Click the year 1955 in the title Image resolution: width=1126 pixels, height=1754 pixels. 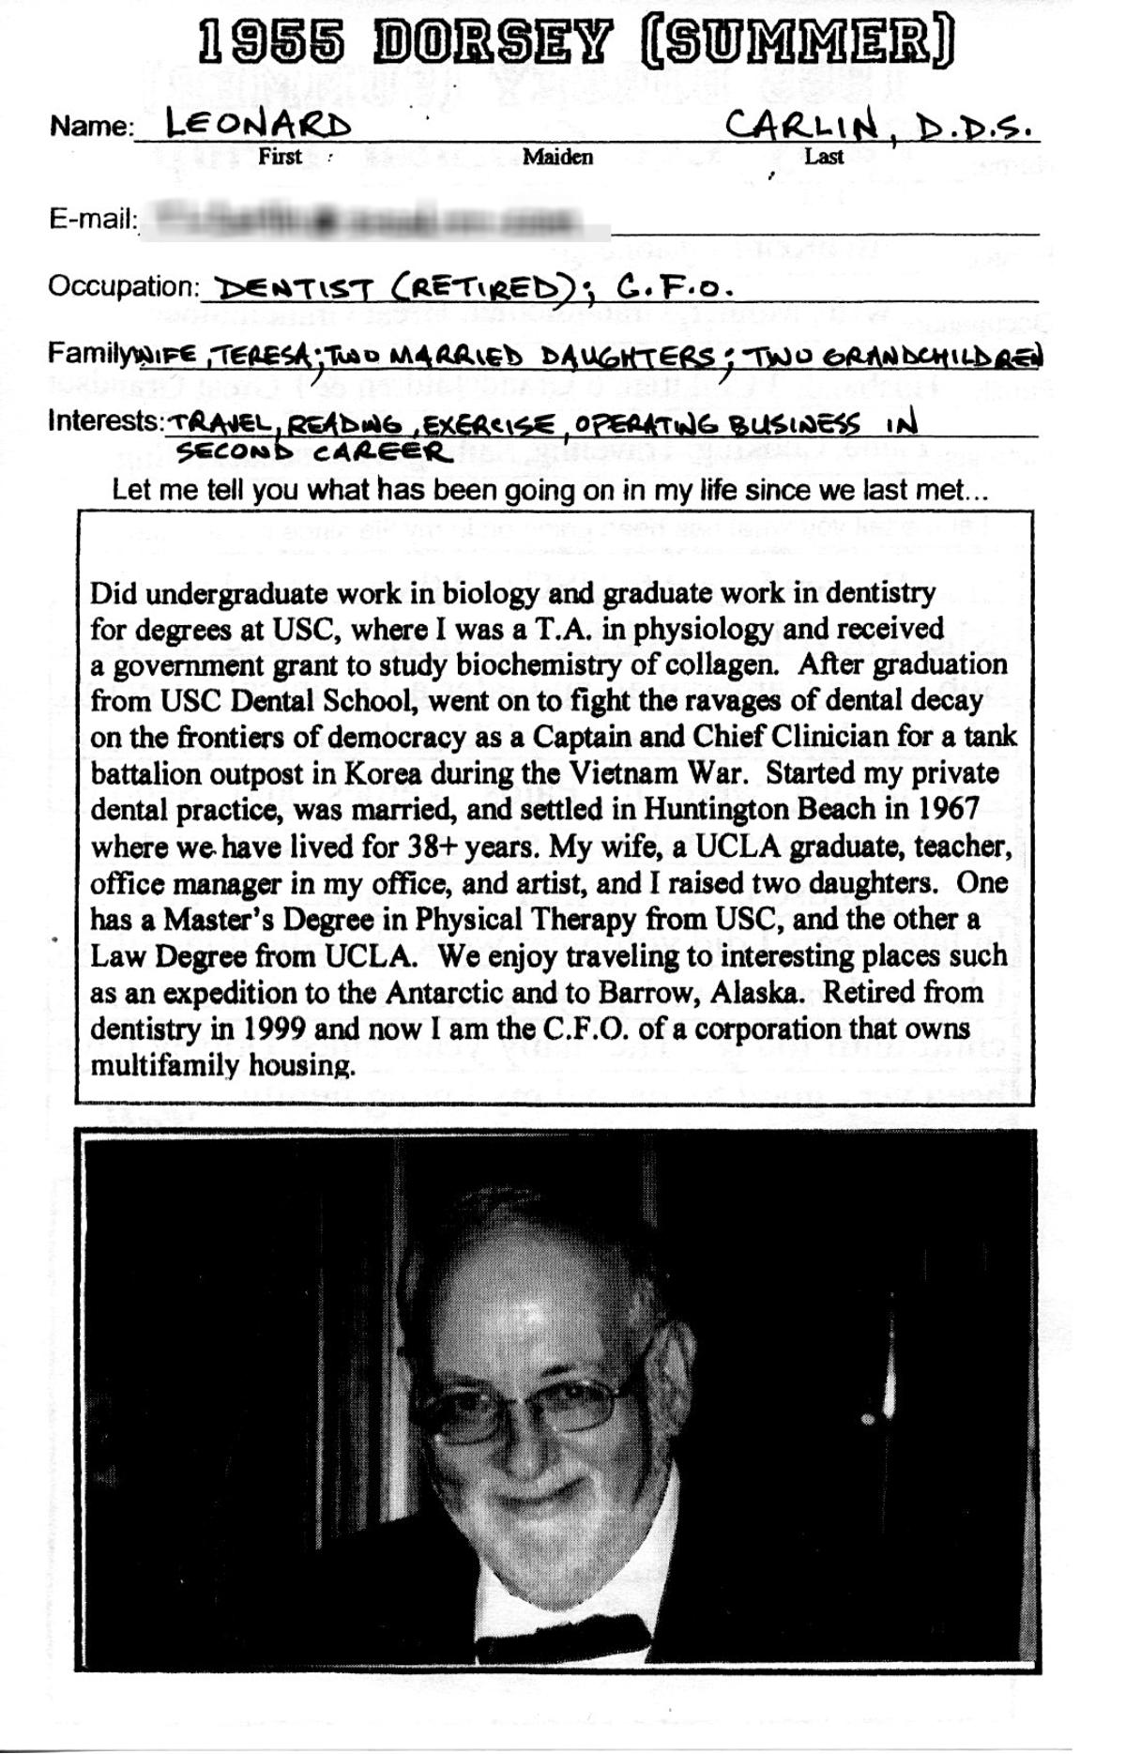pos(270,45)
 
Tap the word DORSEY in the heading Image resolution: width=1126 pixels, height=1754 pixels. pos(493,45)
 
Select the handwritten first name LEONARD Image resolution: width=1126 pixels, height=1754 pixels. pos(258,124)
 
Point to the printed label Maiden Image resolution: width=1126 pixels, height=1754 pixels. pos(557,157)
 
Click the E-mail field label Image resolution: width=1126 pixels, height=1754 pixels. pos(93,220)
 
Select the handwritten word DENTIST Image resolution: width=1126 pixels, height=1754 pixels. pos(295,290)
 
